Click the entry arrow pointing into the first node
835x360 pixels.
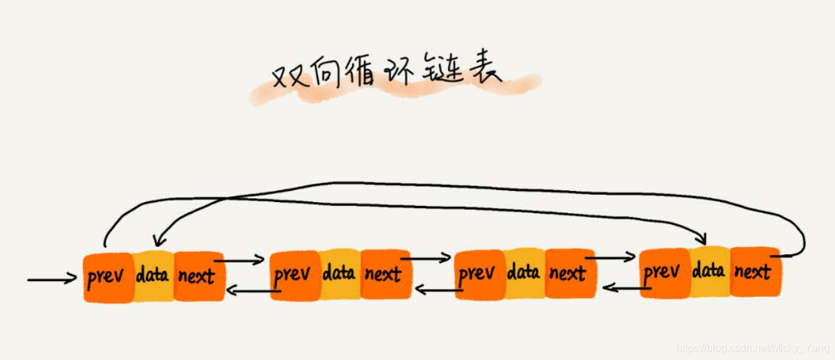pos(52,280)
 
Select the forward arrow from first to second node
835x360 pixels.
pos(241,261)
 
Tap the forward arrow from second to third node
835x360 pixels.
pos(426,259)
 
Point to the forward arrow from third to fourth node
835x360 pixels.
pos(612,257)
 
